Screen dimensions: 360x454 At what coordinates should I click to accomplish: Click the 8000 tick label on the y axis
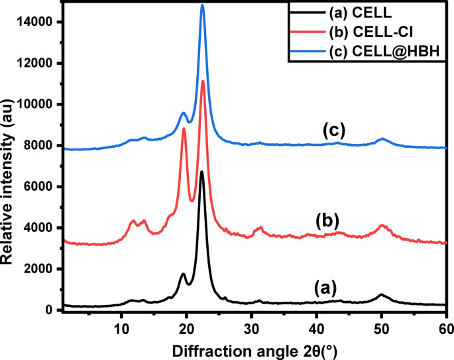click(x=41, y=146)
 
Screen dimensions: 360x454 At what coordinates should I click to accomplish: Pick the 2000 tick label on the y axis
click(x=41, y=269)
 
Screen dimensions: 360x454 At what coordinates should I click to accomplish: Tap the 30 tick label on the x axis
click(x=251, y=325)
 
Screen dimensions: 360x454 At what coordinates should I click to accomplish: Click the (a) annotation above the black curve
click(x=326, y=287)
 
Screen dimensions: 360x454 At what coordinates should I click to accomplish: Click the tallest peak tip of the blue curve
click(x=202, y=5)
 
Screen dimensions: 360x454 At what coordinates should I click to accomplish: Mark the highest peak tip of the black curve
click(x=201, y=171)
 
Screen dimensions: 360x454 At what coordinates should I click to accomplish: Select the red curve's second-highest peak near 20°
click(x=184, y=129)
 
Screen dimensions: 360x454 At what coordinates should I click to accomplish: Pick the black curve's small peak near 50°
click(x=381, y=294)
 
